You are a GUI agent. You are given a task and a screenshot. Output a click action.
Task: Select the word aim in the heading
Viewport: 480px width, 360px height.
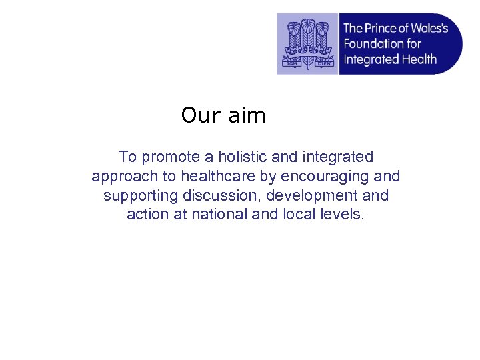pyautogui.click(x=247, y=116)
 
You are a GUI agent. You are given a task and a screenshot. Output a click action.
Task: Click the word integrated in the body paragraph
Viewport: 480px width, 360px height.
pyautogui.click(x=338, y=157)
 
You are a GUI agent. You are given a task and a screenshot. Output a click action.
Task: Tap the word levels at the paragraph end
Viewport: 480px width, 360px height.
pyautogui.click(x=342, y=215)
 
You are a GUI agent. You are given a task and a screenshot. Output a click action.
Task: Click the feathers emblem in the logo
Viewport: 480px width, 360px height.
pyautogui.click(x=307, y=43)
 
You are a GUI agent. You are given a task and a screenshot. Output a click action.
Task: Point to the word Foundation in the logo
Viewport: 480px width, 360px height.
pyautogui.click(x=373, y=44)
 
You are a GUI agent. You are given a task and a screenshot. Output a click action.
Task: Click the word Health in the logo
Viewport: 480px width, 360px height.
pyautogui.click(x=420, y=59)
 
